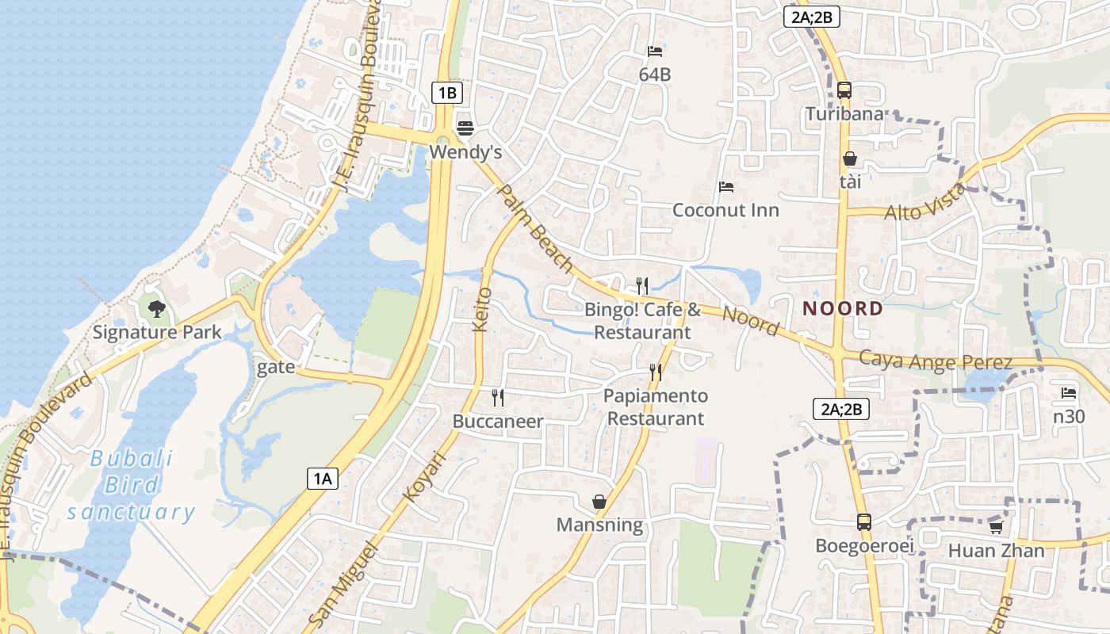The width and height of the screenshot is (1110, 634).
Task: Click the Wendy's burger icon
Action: coord(465,128)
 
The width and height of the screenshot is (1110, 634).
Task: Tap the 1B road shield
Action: coord(447,93)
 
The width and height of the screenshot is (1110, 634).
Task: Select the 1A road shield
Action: coord(323,478)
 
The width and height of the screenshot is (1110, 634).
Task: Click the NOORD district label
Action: coord(843,308)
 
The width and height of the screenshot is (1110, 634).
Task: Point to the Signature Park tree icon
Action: coord(157,308)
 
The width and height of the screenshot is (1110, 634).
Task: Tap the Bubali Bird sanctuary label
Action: coord(131,485)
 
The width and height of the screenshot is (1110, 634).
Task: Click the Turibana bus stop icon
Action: coord(844,90)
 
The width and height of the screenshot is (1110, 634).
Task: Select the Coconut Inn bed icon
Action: coord(725,188)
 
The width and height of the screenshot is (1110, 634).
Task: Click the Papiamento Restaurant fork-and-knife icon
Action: coord(656,372)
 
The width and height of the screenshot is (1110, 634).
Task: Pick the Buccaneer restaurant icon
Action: coord(498,397)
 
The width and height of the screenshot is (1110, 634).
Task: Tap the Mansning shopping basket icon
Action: coord(599,502)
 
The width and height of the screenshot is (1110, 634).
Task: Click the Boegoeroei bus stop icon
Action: coord(864,522)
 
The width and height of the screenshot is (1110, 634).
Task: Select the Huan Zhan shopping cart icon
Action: coord(997,527)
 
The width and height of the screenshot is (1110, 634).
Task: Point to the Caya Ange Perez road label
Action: coord(936,361)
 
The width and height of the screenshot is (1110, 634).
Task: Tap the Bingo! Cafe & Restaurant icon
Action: coord(642,285)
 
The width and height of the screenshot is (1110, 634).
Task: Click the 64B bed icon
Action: coord(655,52)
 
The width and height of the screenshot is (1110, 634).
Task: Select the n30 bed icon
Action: coord(1069,392)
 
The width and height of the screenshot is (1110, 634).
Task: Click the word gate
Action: coord(276,367)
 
